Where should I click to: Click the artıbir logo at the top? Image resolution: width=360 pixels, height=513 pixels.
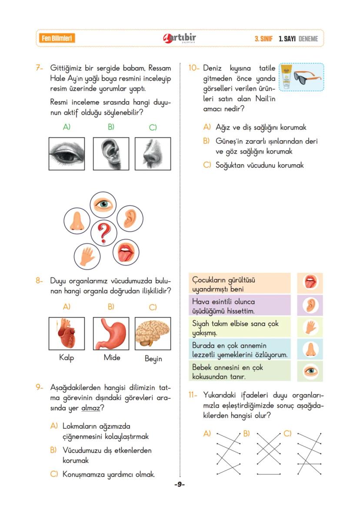pos(179,38)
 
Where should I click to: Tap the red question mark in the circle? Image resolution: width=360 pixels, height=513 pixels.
pos(103,233)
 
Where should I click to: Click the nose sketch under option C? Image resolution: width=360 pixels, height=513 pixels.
pos(153,153)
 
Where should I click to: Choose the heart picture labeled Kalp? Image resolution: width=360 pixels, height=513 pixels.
pos(67,333)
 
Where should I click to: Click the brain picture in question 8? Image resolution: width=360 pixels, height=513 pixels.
pos(153,333)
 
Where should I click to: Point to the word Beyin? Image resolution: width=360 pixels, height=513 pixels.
pos(153,359)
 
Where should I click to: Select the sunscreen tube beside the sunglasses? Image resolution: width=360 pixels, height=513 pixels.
pos(287,77)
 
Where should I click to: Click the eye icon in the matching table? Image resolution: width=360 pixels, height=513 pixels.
pos(310,372)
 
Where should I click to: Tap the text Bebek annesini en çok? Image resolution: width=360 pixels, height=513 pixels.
pos(227,368)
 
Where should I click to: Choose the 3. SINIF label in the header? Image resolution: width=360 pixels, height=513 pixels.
pos(263,39)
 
